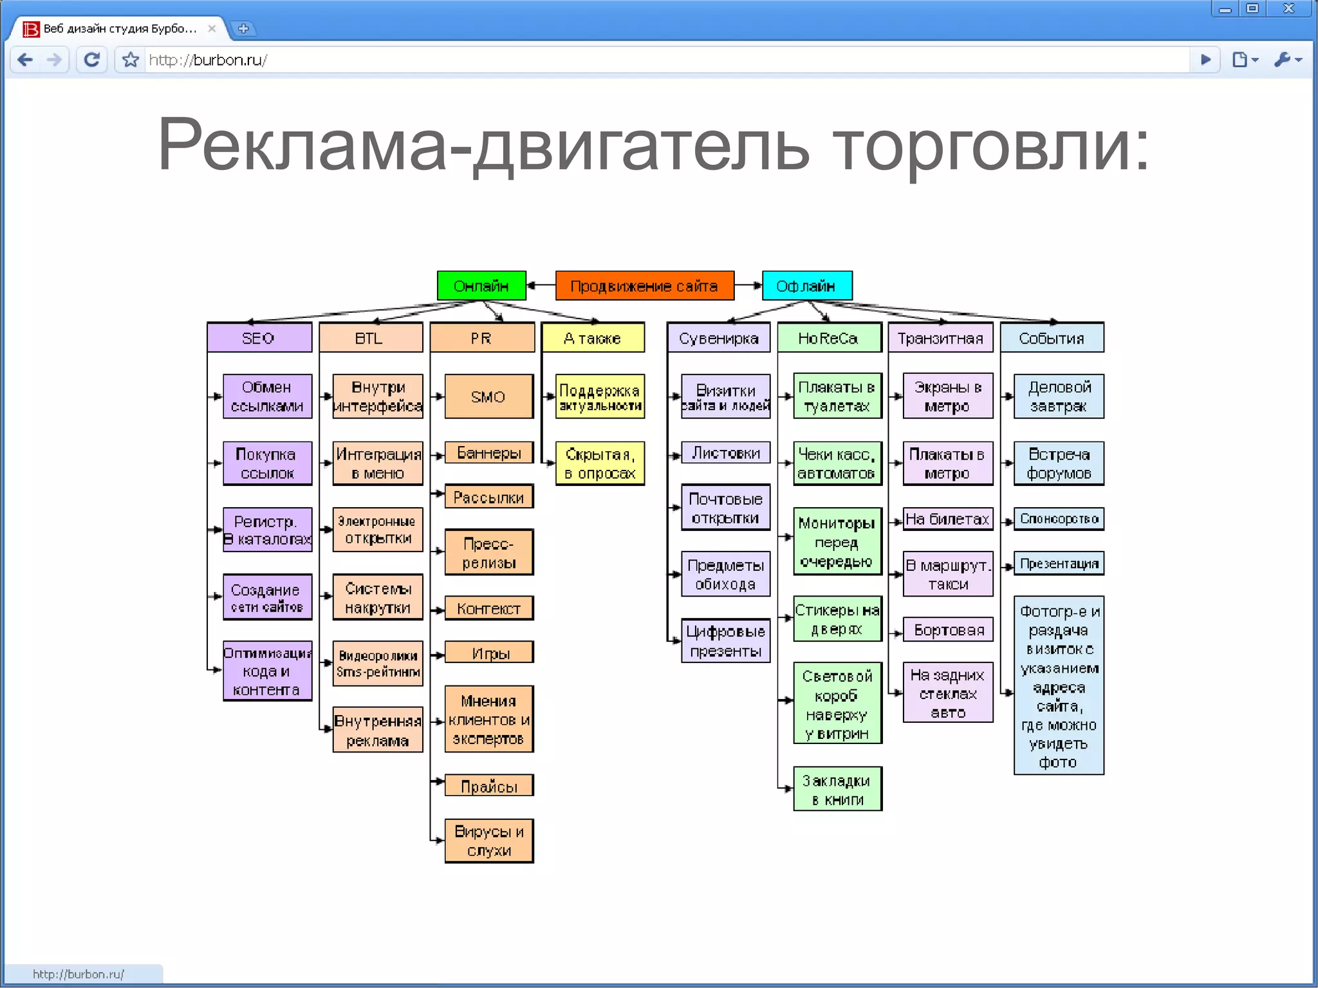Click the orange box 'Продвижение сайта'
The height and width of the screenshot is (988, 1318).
644,286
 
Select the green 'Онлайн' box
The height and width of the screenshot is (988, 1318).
481,286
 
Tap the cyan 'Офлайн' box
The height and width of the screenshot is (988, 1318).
806,286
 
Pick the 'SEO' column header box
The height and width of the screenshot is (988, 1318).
259,338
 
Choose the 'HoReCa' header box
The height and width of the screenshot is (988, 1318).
828,338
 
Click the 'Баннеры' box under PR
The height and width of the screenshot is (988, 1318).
489,453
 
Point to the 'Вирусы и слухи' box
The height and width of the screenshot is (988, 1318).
489,841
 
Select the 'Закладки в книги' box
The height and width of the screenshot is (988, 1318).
837,790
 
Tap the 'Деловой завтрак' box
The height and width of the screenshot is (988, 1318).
1059,396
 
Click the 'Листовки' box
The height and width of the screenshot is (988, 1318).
726,453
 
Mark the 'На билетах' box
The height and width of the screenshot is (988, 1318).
947,519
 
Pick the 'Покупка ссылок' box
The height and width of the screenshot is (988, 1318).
267,463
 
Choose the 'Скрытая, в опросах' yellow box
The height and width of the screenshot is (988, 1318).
600,463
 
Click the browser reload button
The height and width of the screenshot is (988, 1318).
92,60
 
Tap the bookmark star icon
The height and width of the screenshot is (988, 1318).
131,60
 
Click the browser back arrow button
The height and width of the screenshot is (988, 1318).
25,60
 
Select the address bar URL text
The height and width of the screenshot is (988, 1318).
208,60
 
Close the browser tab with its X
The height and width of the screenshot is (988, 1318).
212,28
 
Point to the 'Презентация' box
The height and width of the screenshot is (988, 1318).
1059,564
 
